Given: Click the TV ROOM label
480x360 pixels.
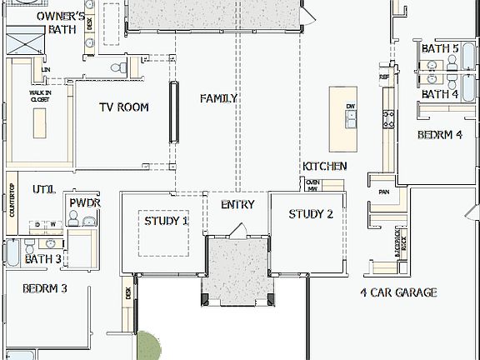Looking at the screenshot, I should pos(123,107).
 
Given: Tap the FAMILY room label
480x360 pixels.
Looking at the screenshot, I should pos(219,98).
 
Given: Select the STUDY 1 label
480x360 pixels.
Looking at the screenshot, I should pos(166,221).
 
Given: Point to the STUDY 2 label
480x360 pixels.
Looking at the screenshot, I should pos(311,214).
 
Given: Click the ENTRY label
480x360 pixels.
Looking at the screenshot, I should pos(237,205).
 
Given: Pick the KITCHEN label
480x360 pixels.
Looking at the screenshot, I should pos(324,167).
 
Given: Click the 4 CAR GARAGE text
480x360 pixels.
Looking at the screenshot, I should pos(398,292).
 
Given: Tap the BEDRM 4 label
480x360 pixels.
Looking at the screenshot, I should pos(439,135).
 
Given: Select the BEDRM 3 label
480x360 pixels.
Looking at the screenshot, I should pos(44,289).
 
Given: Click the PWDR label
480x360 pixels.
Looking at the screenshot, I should pos(84,202).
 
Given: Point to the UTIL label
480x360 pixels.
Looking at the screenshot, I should pos(43,190).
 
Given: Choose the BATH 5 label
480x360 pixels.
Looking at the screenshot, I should pos(439,49).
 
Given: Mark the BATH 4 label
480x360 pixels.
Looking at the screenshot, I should pos(439,95).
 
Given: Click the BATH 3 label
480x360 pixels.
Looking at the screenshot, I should pos(42,259).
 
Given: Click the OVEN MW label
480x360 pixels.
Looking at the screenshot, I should pos(313,185).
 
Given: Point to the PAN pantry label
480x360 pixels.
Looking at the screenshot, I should pos(384,192).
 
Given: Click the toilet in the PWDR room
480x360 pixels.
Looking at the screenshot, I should pos(73,217).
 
